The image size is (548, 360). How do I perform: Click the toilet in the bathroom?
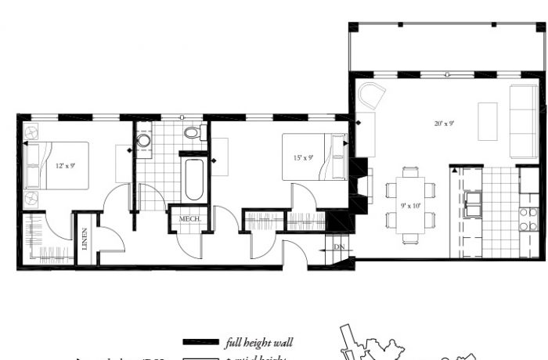click(192, 131)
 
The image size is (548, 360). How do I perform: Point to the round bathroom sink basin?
click(143, 142)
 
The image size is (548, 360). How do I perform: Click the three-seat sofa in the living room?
click(524, 121)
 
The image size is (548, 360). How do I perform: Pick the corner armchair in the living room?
click(372, 98)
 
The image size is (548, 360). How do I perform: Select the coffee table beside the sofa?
click(487, 121)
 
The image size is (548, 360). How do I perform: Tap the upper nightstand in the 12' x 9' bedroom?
click(31, 131)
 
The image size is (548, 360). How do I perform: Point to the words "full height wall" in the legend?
click(258, 343)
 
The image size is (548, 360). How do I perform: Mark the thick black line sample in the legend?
click(200, 343)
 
